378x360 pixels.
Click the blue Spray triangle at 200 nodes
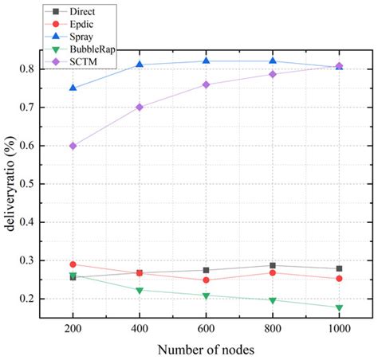(73, 88)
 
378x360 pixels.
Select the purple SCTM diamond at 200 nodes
(73, 146)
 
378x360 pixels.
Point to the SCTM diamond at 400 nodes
(140, 107)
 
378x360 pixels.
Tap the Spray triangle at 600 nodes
(206, 61)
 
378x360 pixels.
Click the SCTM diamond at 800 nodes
(272, 74)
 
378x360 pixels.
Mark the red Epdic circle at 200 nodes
(73, 264)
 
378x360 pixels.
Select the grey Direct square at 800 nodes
(272, 266)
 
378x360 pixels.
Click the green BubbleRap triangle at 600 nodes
(206, 296)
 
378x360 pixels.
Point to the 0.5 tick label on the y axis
(47, 184)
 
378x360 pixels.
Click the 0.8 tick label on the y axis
(47, 69)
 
